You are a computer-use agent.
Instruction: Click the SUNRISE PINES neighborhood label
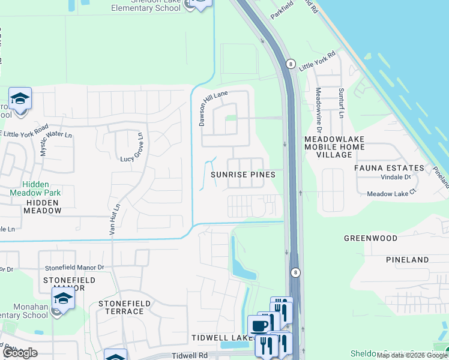[243, 175]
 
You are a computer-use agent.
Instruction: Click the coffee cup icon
[258, 326]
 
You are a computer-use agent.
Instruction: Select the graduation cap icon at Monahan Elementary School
[63, 298]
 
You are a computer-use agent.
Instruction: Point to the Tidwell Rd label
[190, 355]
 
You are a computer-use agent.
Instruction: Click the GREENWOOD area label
[370, 238]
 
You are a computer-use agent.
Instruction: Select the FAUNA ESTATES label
[389, 168]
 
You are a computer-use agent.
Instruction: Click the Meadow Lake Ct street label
[391, 193]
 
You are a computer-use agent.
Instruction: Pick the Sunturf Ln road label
[341, 103]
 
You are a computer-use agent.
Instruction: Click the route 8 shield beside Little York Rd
[291, 63]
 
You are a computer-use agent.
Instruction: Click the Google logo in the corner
[20, 353]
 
